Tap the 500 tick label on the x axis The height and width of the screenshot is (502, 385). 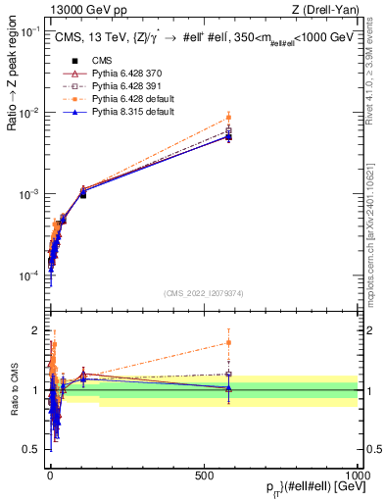tap(204, 475)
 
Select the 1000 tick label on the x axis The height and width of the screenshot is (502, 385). tap(357, 475)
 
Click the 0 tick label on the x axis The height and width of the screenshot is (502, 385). tap(50, 475)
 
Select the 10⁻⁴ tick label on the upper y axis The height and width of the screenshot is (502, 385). tap(29, 276)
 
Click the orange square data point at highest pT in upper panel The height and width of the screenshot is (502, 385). tap(228, 118)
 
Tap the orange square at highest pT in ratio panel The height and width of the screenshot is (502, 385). tap(228, 342)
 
